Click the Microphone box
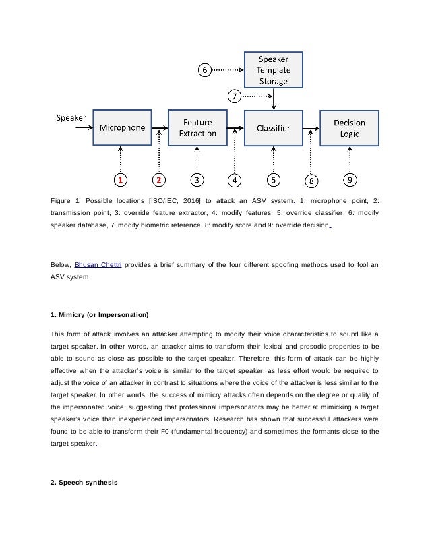point(122,127)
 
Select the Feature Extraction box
point(197,127)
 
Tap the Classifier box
point(273,127)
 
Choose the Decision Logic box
point(349,127)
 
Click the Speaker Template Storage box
point(273,69)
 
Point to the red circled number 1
point(120,180)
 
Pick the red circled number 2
point(158,180)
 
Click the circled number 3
point(197,180)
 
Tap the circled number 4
point(235,180)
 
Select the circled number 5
point(273,180)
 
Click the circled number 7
point(235,96)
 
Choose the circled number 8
point(311,181)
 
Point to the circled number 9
point(350,180)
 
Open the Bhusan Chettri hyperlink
point(99,264)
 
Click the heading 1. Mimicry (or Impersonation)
point(99,315)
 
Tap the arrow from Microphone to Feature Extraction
point(160,127)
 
